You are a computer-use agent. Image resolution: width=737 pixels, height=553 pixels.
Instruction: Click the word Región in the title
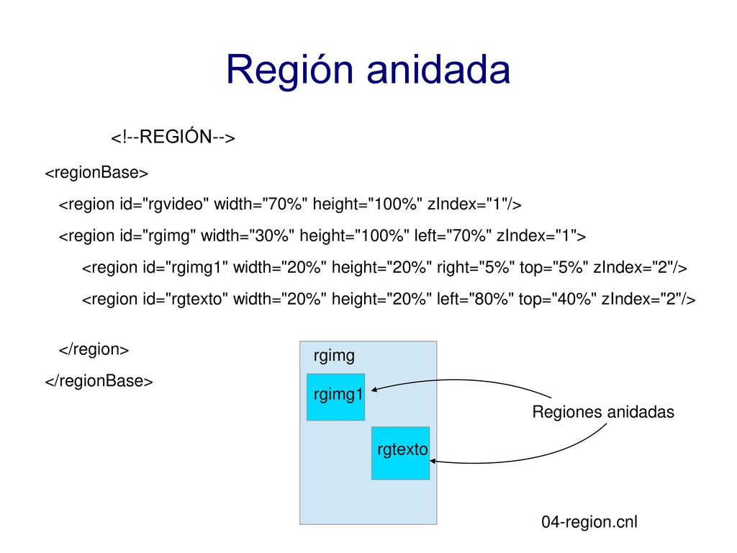[x=289, y=70]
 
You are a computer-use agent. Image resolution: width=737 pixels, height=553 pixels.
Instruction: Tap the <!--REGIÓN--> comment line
[x=173, y=137]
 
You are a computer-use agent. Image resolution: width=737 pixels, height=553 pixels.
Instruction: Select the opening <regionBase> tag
[x=97, y=173]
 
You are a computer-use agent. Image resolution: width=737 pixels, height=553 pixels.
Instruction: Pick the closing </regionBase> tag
[x=99, y=380]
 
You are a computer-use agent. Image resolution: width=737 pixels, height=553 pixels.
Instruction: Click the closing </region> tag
[x=94, y=349]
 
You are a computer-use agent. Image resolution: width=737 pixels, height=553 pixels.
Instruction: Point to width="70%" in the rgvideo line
[x=261, y=204]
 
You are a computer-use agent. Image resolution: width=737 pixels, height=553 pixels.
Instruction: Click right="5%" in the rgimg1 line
[x=476, y=267]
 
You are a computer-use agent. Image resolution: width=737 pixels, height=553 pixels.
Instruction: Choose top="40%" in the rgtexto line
[x=558, y=299]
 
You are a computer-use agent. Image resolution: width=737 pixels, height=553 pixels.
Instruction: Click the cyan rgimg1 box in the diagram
[x=335, y=397]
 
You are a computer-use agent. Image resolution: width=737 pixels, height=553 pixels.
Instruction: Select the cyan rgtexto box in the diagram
[x=400, y=454]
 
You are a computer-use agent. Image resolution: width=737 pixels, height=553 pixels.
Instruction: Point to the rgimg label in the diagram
[x=334, y=356]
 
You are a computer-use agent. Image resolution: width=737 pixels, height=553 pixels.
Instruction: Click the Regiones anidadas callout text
[x=603, y=412]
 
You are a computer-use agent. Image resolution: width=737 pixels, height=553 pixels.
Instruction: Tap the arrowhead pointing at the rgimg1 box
[x=374, y=390]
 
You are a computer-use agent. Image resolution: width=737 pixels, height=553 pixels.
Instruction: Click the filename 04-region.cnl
[x=589, y=521]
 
